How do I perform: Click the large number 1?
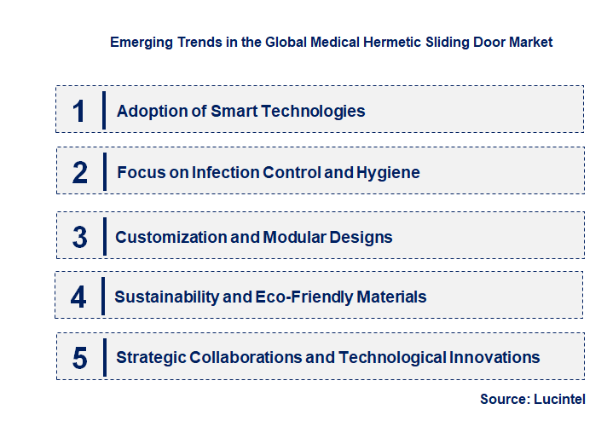(x=79, y=111)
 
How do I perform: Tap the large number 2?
(x=80, y=173)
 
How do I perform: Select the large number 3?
(x=79, y=237)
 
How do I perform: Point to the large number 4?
(x=78, y=297)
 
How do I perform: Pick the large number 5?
(x=79, y=358)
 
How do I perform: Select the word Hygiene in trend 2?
(x=389, y=172)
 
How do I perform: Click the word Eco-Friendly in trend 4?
(x=303, y=297)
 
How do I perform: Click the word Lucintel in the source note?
(x=560, y=399)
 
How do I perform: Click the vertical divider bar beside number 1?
(x=103, y=110)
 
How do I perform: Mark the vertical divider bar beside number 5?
(x=103, y=357)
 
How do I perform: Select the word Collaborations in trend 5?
(x=248, y=357)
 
